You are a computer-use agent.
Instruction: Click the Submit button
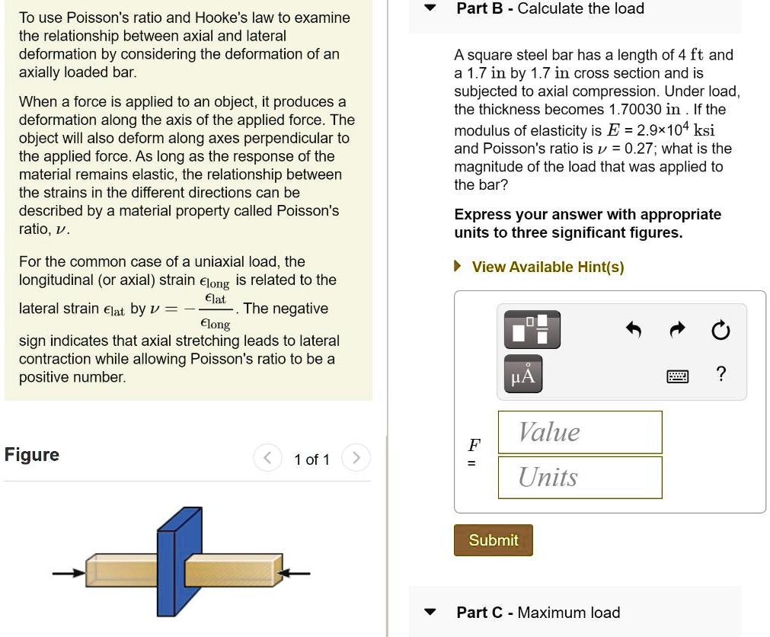tap(493, 540)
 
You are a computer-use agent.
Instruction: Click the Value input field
tap(580, 432)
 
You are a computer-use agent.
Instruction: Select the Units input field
tap(580, 477)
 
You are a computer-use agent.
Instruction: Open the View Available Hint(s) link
tap(547, 267)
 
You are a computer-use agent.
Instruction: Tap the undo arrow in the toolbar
tap(633, 330)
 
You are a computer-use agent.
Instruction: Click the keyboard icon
tap(677, 376)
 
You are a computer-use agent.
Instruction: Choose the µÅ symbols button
tap(523, 375)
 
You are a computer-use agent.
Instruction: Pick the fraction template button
tap(530, 328)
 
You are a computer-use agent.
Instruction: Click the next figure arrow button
tap(354, 459)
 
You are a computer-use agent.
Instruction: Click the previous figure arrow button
tap(267, 459)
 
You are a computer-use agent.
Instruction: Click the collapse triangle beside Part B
tap(431, 9)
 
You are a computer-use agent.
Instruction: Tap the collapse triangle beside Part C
tap(431, 613)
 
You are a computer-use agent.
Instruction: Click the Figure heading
tap(31, 455)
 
